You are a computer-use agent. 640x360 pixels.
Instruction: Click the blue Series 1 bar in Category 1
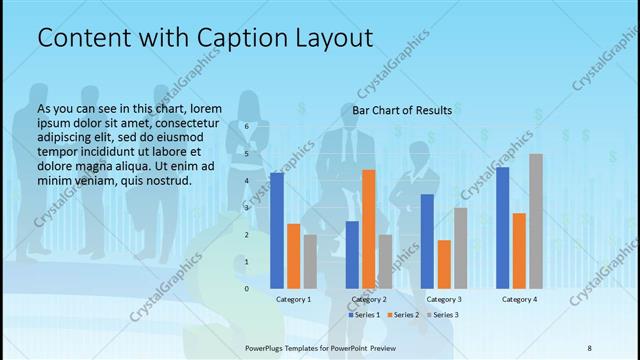click(x=277, y=231)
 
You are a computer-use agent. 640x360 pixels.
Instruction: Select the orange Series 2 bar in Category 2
click(x=369, y=229)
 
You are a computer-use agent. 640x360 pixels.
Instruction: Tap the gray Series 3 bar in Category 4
click(x=536, y=221)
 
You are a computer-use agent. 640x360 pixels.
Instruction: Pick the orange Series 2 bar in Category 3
click(x=444, y=264)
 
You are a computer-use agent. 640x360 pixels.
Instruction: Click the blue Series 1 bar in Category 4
click(x=503, y=228)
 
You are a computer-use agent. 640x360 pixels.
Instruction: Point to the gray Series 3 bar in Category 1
click(x=310, y=262)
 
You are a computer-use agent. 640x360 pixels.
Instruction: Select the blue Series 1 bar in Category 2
click(x=352, y=255)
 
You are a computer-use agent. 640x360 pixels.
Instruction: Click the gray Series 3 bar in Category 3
click(x=460, y=248)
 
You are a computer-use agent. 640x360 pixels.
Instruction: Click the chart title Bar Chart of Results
click(x=402, y=110)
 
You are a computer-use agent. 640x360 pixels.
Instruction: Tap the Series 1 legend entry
click(x=365, y=315)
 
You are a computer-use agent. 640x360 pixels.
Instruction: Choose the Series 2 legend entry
click(x=403, y=315)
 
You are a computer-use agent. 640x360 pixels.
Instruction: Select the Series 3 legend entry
click(x=442, y=315)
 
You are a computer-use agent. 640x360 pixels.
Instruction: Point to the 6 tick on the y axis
click(x=246, y=127)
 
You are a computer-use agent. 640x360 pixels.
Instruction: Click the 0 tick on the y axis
click(x=246, y=289)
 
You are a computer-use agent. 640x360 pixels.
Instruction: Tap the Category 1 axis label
click(x=294, y=299)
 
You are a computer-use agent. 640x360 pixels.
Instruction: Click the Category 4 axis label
click(x=519, y=299)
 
